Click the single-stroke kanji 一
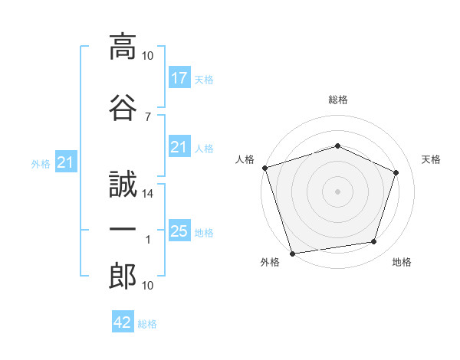pyautogui.click(x=122, y=230)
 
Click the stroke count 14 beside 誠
pyautogui.click(x=148, y=194)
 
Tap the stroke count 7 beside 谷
pyautogui.click(x=148, y=116)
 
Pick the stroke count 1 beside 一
pyautogui.click(x=149, y=240)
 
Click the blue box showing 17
pyautogui.click(x=179, y=78)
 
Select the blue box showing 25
pyautogui.click(x=179, y=231)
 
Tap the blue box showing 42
pyautogui.click(x=123, y=322)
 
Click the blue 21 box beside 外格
pyautogui.click(x=65, y=162)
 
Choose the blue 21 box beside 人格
pyautogui.click(x=179, y=148)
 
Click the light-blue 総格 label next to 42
pyautogui.click(x=147, y=324)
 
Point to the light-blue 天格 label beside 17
pyautogui.click(x=203, y=80)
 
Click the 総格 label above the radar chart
pyautogui.click(x=337, y=100)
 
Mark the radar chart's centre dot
pyautogui.click(x=337, y=191)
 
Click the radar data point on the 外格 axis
pyautogui.click(x=292, y=252)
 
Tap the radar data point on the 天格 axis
pyautogui.click(x=396, y=172)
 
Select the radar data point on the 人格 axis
pyautogui.click(x=264, y=168)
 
